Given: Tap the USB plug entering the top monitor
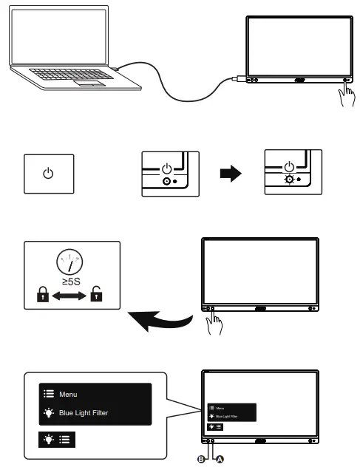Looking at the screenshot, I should tap(236, 78).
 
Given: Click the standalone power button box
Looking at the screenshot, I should tap(49, 174).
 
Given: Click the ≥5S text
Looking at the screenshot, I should tap(71, 282).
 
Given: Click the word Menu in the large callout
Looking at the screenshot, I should tap(69, 395).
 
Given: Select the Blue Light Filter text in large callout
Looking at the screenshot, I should tap(84, 413).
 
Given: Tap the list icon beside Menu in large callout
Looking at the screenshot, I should tap(48, 395).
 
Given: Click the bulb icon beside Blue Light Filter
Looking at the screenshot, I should tap(48, 413).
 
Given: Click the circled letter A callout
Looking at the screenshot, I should tap(219, 459).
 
